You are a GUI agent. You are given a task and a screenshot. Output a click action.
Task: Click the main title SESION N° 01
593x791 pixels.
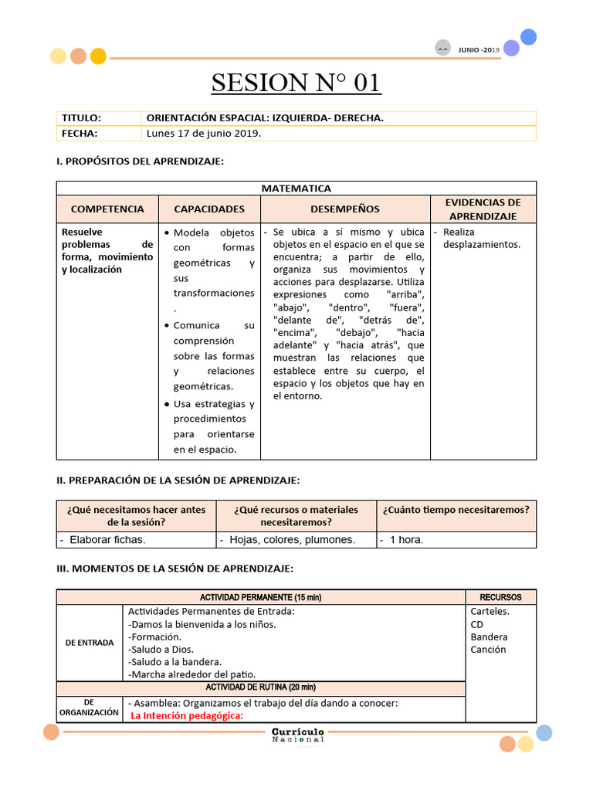[x=296, y=82]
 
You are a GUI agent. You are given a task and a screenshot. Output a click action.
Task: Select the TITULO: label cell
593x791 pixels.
[x=82, y=118]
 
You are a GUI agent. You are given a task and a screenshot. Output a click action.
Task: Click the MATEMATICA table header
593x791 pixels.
[x=296, y=188]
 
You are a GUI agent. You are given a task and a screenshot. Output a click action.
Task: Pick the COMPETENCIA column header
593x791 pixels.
[x=107, y=209]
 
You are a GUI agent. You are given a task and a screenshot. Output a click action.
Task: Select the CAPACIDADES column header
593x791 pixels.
[x=209, y=209]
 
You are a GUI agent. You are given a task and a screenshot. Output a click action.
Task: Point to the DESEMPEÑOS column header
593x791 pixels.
[x=345, y=209]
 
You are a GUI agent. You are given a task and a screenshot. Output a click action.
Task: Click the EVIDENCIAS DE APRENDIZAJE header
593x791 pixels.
[x=483, y=209]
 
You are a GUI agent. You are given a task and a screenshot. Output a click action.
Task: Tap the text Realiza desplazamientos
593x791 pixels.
[x=481, y=238]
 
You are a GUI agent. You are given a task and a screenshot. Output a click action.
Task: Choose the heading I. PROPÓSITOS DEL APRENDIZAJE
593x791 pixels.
[x=140, y=161]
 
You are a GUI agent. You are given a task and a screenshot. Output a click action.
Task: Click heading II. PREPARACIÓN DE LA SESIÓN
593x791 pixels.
[x=178, y=480]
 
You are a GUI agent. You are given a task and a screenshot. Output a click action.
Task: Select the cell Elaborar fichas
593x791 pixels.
[x=107, y=540]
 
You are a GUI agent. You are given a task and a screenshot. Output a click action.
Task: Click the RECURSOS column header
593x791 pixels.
[x=500, y=597]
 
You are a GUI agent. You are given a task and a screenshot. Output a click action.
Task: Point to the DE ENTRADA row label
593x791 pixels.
[x=90, y=643]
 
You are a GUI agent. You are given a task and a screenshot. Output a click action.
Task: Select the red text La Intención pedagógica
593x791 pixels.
[x=187, y=715]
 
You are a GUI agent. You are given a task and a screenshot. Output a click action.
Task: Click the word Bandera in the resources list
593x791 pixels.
[x=489, y=637]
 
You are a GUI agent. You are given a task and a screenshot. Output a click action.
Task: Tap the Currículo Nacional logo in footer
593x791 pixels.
[x=298, y=735]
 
